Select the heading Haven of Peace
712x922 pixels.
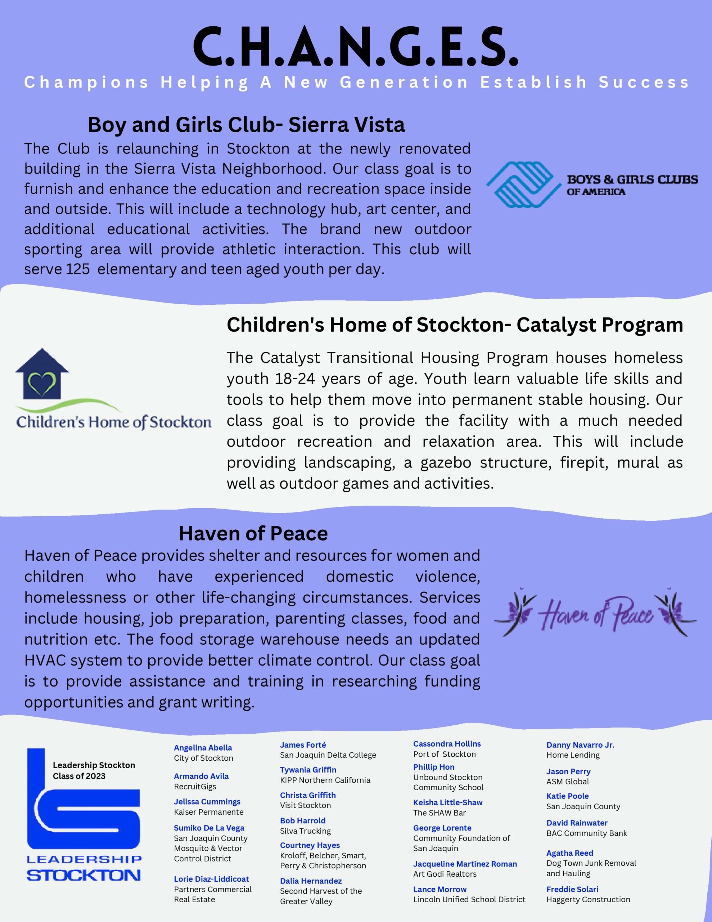[253, 534]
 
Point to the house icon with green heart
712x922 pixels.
[42, 374]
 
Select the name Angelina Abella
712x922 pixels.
[203, 748]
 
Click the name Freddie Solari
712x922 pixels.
[572, 889]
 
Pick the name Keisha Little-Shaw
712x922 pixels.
[447, 802]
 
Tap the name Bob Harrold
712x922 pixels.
[303, 821]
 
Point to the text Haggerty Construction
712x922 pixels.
[588, 899]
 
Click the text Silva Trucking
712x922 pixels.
[305, 831]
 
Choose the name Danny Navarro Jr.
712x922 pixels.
[580, 745]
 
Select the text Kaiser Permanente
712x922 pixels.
[208, 812]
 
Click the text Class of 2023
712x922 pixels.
[79, 776]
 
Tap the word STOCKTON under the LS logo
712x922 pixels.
[84, 875]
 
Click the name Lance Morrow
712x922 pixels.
[440, 889]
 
